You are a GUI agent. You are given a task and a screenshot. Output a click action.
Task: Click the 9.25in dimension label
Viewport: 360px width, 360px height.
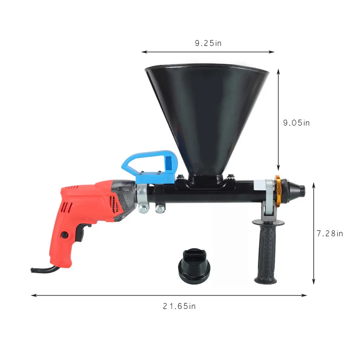click(x=208, y=43)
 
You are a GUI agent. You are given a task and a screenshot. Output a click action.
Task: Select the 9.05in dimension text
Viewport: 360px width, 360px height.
click(x=296, y=122)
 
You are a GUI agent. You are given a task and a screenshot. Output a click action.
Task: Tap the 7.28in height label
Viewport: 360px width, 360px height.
click(x=330, y=233)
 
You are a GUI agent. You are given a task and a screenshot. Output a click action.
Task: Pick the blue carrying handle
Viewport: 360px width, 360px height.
click(x=148, y=166)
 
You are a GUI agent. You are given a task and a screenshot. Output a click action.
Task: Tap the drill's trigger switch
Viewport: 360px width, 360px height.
click(x=80, y=233)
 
